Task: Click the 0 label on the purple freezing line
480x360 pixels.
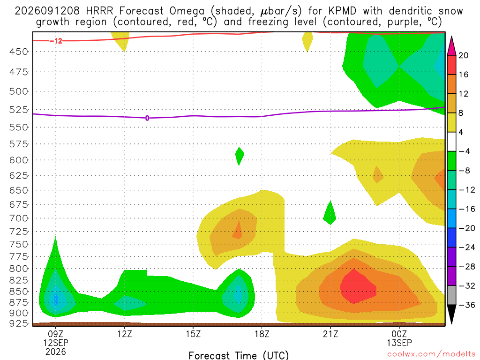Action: (x=147, y=118)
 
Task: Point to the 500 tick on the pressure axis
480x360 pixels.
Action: (x=18, y=91)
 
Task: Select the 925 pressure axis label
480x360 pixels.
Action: (x=18, y=323)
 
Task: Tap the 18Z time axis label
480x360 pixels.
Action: (x=262, y=334)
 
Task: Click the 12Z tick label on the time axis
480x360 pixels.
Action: (x=124, y=334)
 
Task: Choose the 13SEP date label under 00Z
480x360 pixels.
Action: (x=399, y=343)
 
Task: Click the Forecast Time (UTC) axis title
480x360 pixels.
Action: (x=239, y=355)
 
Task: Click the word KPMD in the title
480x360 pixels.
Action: (x=342, y=11)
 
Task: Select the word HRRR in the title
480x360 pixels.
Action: (x=99, y=11)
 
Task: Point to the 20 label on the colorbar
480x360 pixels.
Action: (x=463, y=55)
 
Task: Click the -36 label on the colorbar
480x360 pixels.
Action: (x=466, y=305)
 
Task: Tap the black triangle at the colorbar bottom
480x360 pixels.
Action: (x=451, y=314)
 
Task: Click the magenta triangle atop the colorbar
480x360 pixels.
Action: (x=451, y=45)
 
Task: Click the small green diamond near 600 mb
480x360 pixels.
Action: (x=240, y=156)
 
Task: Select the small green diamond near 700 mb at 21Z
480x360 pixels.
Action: (x=330, y=213)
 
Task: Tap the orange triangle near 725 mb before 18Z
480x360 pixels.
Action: (x=238, y=230)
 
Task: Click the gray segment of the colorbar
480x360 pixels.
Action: (x=451, y=295)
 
